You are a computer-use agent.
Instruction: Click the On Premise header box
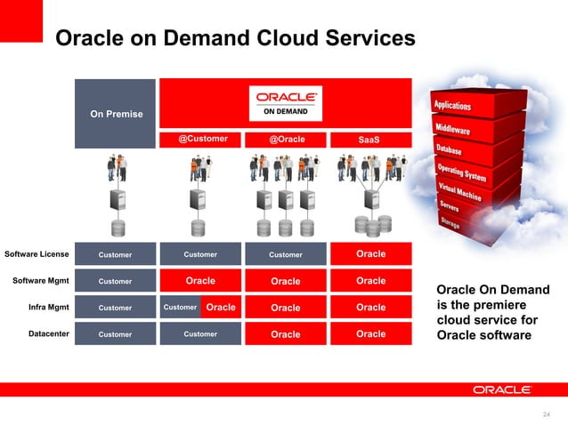tap(115, 113)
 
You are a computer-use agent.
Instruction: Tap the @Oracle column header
tap(287, 139)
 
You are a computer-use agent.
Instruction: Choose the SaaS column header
tap(369, 139)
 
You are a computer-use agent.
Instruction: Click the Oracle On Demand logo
tap(287, 102)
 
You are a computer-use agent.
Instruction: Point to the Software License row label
tap(37, 254)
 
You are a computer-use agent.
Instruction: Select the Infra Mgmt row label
tap(48, 308)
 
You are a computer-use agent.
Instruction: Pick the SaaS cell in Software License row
tap(370, 254)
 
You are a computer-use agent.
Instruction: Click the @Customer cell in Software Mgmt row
tap(200, 281)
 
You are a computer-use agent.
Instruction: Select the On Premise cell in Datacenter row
tap(115, 334)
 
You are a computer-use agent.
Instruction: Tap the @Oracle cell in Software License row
tap(286, 254)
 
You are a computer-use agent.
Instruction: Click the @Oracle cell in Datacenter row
tap(286, 334)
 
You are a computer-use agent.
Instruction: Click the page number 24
tap(546, 412)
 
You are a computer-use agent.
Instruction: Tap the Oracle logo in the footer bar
tap(502, 389)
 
